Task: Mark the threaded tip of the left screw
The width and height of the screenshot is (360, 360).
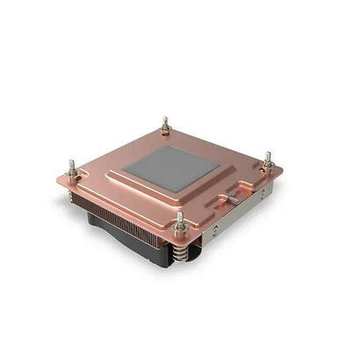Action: pos(71,162)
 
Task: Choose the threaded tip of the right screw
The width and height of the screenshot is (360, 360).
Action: pos(268,154)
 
